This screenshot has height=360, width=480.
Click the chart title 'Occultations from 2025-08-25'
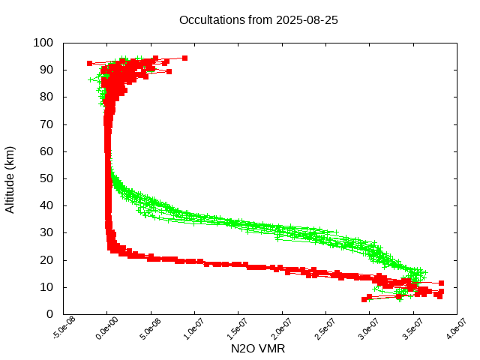(x=259, y=20)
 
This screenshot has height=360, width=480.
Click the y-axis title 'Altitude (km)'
(x=10, y=178)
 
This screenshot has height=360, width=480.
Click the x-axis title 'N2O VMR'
(x=258, y=349)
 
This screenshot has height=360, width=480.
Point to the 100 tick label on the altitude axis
(x=43, y=43)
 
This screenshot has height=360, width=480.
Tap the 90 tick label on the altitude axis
(x=46, y=70)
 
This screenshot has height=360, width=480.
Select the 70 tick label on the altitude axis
(x=46, y=124)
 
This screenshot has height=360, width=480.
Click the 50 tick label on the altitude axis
(x=46, y=178)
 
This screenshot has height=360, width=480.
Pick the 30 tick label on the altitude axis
(x=46, y=232)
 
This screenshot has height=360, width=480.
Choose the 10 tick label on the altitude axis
(x=46, y=287)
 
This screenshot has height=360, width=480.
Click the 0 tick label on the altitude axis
(x=49, y=314)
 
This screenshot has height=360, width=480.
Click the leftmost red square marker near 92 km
(x=90, y=63)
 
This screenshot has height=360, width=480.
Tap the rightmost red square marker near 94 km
(x=184, y=58)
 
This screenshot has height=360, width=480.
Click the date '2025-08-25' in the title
(x=307, y=20)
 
